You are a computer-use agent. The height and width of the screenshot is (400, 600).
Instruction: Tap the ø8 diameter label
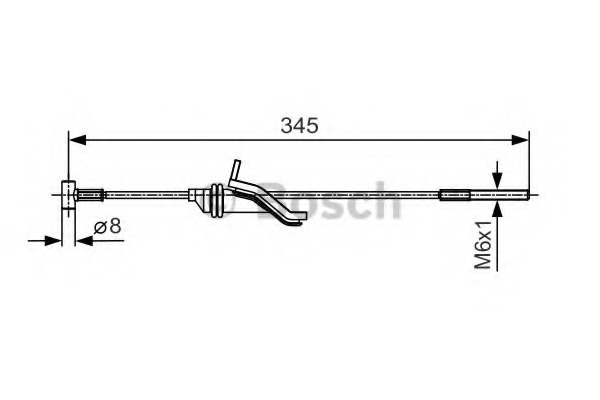pos(108,228)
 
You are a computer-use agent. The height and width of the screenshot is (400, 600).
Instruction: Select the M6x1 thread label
pos(483,245)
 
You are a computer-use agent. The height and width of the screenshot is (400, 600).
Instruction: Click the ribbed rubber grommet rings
pos(215,197)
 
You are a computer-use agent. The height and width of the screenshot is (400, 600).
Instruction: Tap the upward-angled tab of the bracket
pos(236,170)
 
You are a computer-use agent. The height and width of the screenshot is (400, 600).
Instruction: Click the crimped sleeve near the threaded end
pos(455,194)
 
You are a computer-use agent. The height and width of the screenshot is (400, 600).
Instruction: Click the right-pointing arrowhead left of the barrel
pos(56,239)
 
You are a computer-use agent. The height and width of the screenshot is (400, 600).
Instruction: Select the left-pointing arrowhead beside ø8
pos(84,239)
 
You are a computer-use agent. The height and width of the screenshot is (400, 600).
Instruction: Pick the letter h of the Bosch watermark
pos(384,200)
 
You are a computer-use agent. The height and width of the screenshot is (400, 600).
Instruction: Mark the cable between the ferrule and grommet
pos(145,194)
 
